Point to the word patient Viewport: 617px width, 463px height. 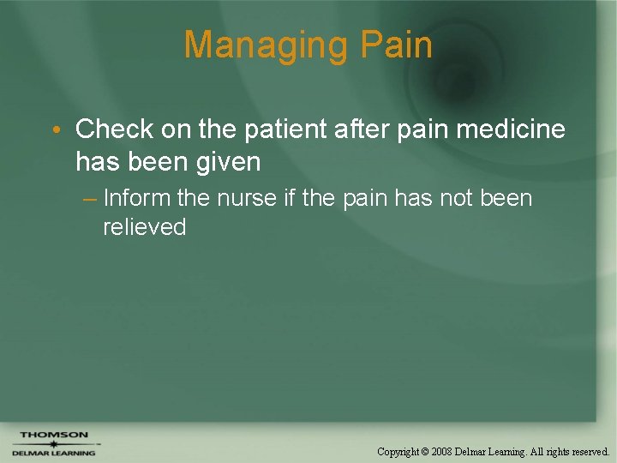click(280, 129)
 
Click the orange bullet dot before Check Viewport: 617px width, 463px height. click(55, 130)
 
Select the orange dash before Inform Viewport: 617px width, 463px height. click(90, 199)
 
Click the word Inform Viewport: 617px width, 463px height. click(136, 198)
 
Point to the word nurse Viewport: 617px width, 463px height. click(248, 198)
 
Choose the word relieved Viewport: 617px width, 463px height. click(144, 226)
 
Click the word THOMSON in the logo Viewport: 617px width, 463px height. click(54, 435)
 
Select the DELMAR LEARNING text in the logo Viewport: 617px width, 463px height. click(54, 453)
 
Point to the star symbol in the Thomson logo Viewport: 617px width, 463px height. click(54, 444)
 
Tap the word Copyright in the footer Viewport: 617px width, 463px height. click(399, 451)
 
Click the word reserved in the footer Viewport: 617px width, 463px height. click(588, 451)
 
